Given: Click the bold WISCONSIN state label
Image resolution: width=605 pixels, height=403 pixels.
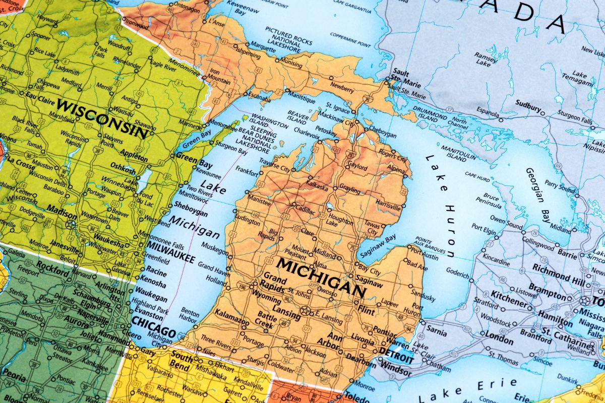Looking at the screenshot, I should [103, 118].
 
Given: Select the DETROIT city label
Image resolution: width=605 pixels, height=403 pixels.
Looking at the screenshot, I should [393, 351].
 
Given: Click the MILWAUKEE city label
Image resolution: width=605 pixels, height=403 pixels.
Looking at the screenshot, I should [170, 253].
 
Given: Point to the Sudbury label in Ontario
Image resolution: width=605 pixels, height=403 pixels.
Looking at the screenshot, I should [528, 106].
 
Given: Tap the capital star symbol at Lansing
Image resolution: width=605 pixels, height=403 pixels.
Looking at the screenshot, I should [305, 310].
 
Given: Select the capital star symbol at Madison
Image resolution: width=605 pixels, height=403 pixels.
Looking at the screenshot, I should [71, 224].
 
